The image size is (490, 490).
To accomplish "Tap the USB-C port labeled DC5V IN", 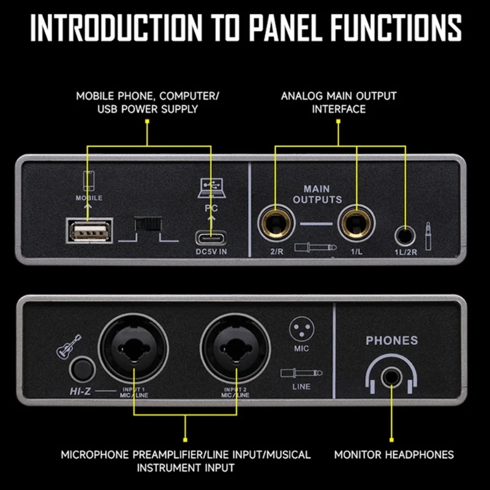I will click(211, 237).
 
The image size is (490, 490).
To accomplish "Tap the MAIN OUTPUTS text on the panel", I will click(317, 194).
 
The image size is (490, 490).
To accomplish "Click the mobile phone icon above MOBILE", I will click(88, 180).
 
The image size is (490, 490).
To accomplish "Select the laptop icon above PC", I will click(210, 188).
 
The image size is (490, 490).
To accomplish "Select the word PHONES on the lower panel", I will click(391, 341).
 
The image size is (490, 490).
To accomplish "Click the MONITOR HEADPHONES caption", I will click(394, 454).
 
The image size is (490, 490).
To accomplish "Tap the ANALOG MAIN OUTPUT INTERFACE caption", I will click(339, 102).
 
